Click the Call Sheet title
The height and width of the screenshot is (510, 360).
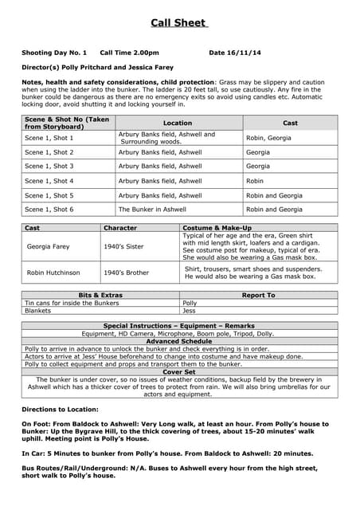179,22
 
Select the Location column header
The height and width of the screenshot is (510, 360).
178,123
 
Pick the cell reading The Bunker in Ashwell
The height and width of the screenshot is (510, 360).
152,210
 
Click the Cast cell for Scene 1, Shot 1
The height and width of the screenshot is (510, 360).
268,138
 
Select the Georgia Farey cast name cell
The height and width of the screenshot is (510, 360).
49,247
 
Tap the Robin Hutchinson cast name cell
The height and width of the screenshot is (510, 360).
54,273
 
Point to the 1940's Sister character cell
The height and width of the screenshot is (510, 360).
124,247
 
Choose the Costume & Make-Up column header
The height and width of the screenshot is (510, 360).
217,228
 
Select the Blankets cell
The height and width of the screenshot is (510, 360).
37,311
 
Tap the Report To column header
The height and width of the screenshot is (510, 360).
258,295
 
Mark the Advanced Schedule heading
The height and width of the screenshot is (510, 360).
179,341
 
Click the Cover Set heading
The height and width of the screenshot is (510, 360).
179,372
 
